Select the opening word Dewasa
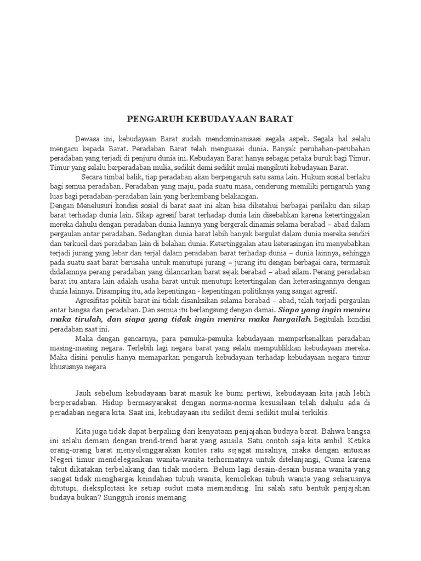click(89, 139)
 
